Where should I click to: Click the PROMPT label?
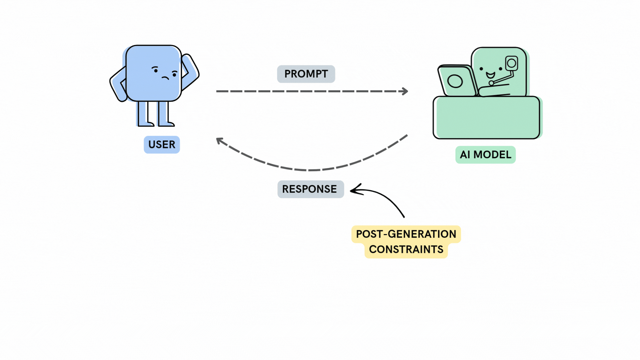point(306,74)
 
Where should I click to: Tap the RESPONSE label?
point(310,189)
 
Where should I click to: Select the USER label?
point(162,145)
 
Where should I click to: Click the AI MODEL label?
point(485,155)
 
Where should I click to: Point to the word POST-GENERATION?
point(406,234)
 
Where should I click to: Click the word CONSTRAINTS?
point(406,249)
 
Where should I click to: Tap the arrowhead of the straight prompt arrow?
point(405,91)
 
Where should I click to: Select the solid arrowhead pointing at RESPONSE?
point(355,190)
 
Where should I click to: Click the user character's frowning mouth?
point(165,78)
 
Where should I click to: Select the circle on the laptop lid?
point(455,81)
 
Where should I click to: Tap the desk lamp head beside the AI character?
point(511,63)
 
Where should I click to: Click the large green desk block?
point(487,117)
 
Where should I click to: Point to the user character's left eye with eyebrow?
point(155,70)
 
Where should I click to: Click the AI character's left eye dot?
point(481,69)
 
